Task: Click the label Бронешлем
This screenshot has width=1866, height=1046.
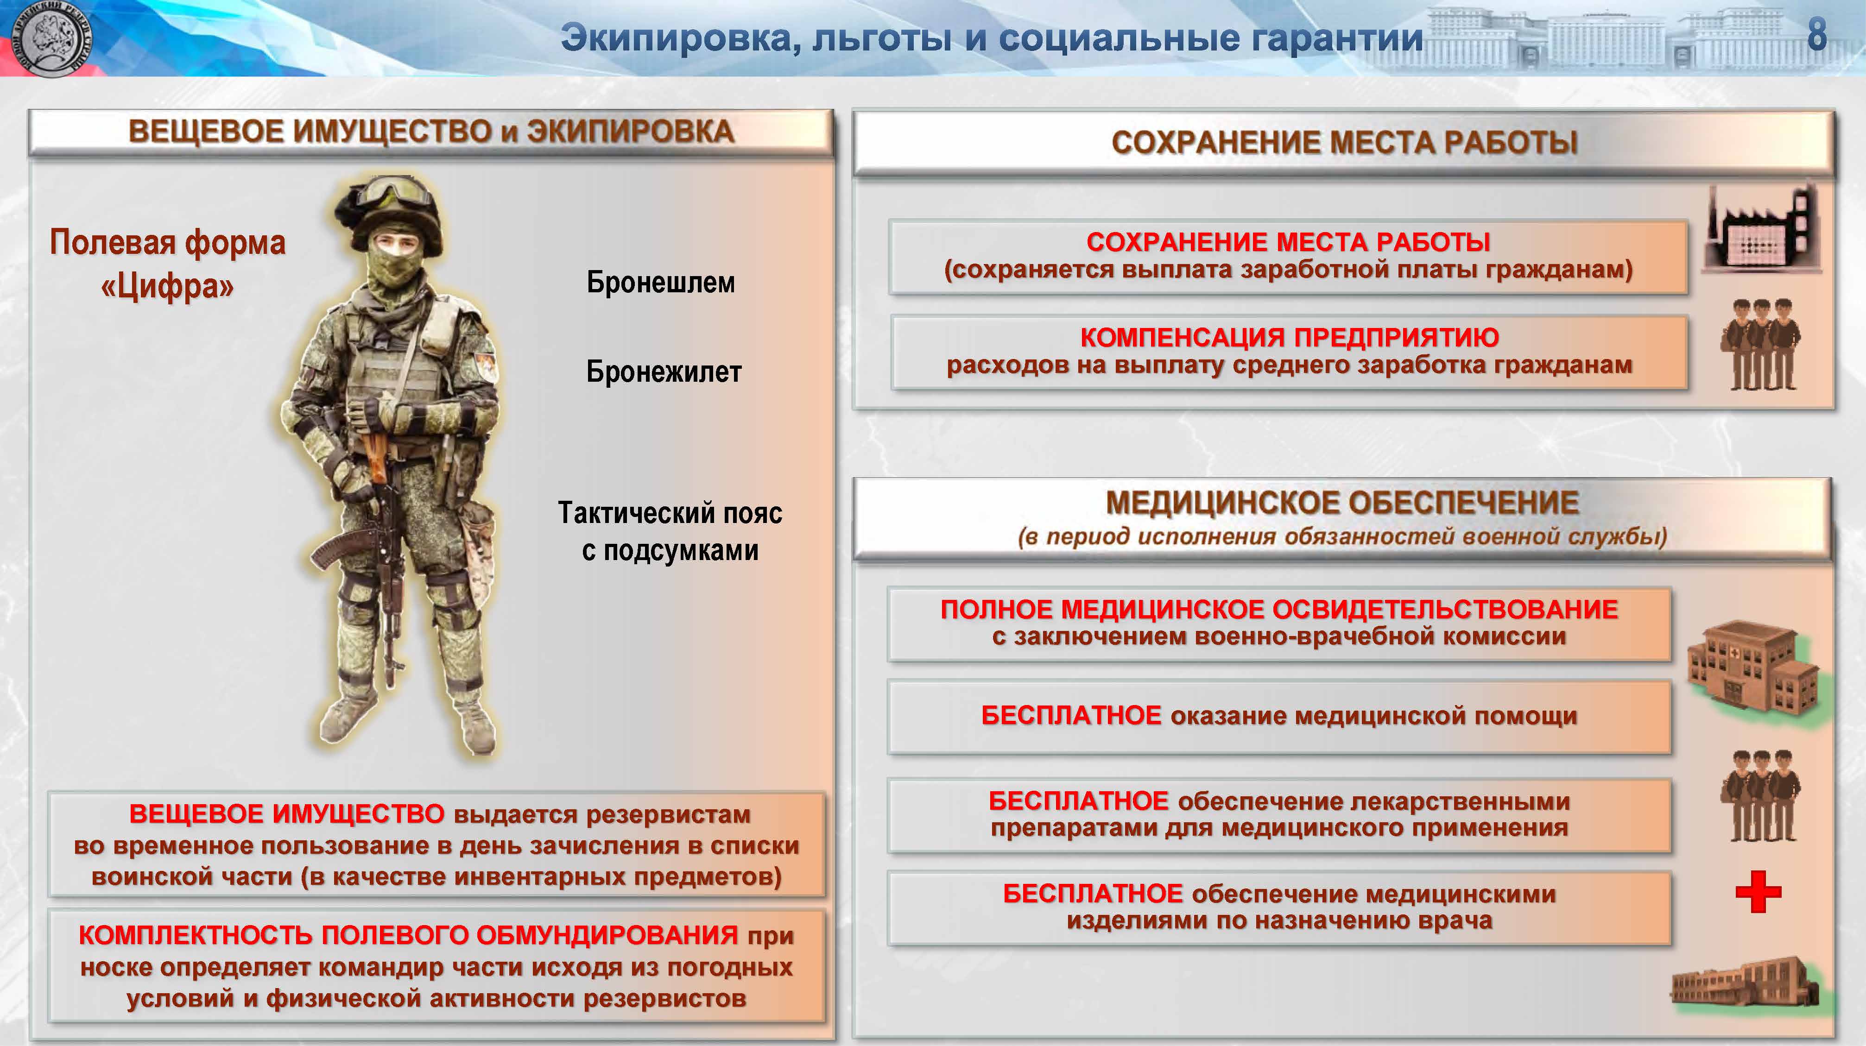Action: click(661, 282)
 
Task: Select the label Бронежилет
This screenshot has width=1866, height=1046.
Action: click(664, 372)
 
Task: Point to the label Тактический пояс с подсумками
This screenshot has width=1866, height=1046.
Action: click(670, 531)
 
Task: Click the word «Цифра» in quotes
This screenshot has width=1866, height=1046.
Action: click(167, 286)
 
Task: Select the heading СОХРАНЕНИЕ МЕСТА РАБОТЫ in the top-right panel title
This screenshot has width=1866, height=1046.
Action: click(1344, 142)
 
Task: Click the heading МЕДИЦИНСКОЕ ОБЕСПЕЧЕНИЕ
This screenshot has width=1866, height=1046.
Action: click(1342, 502)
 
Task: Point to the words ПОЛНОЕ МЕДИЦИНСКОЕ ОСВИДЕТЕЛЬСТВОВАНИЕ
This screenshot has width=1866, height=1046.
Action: click(1279, 609)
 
